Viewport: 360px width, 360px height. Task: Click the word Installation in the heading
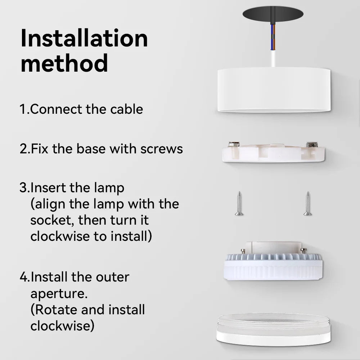[84, 38]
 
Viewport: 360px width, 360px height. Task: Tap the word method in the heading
[64, 63]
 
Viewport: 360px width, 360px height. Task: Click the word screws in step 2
[162, 149]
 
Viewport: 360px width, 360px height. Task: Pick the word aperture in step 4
[59, 294]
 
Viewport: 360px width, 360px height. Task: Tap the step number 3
[23, 188]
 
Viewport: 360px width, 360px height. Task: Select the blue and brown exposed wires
[273, 37]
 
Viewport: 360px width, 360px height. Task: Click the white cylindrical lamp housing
[274, 90]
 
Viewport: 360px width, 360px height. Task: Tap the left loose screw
[239, 204]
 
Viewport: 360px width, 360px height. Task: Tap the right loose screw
[308, 204]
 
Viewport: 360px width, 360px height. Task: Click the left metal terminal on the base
[234, 144]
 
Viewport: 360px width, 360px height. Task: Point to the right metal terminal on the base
[312, 145]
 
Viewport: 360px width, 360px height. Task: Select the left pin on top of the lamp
[243, 251]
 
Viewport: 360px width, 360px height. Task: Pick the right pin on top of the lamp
[303, 251]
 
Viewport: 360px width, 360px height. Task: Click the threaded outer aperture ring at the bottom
[274, 330]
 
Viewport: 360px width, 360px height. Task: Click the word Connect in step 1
[56, 109]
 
